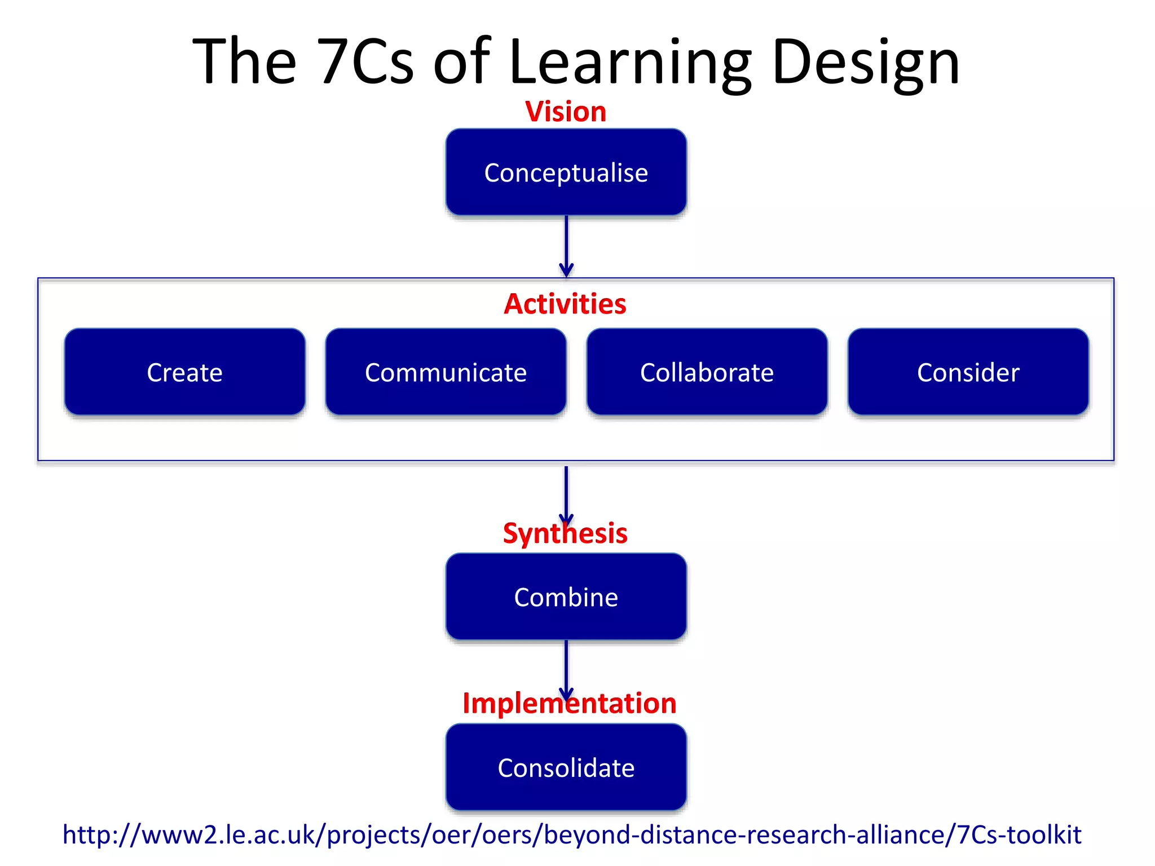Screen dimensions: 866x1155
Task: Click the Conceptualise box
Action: (x=566, y=173)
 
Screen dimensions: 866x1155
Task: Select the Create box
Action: (x=184, y=372)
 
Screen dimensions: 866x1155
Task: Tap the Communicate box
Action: (x=446, y=372)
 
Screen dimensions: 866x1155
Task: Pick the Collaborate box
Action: (x=707, y=372)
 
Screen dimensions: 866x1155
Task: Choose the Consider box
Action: (x=968, y=372)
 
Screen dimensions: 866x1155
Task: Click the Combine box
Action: (x=566, y=597)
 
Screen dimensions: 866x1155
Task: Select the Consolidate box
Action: (x=566, y=768)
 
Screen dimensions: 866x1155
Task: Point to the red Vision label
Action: (x=566, y=112)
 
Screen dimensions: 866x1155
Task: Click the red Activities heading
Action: (x=565, y=304)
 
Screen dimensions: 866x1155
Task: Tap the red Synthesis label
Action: (x=565, y=533)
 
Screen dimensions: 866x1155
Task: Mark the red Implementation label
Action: (x=569, y=704)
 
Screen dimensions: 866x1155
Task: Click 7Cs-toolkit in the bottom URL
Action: (x=1020, y=835)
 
